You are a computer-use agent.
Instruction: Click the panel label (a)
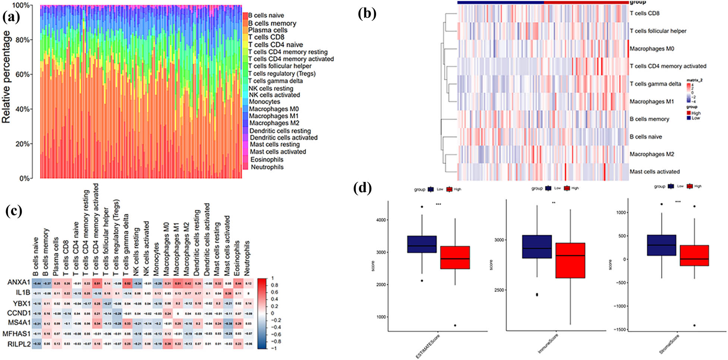pos(11,17)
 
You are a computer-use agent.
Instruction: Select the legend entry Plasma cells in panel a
pos(268,30)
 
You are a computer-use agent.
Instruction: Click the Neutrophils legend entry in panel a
pos(267,167)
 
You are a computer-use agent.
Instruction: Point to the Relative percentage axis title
pos(6,77)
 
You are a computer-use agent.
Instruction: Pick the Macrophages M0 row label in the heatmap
pos(652,48)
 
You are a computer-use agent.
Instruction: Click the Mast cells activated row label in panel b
pos(655,172)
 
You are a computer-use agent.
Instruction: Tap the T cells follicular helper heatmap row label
pos(658,31)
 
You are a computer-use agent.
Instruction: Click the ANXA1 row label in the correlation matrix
pos(19,282)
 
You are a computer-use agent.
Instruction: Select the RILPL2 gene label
pos(19,344)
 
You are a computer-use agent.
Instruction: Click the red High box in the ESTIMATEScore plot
pos(455,257)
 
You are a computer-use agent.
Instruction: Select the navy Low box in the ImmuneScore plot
pos(537,246)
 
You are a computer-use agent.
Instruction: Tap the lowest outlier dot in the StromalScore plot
pos(694,325)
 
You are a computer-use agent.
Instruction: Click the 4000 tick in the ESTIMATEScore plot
pos(380,220)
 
